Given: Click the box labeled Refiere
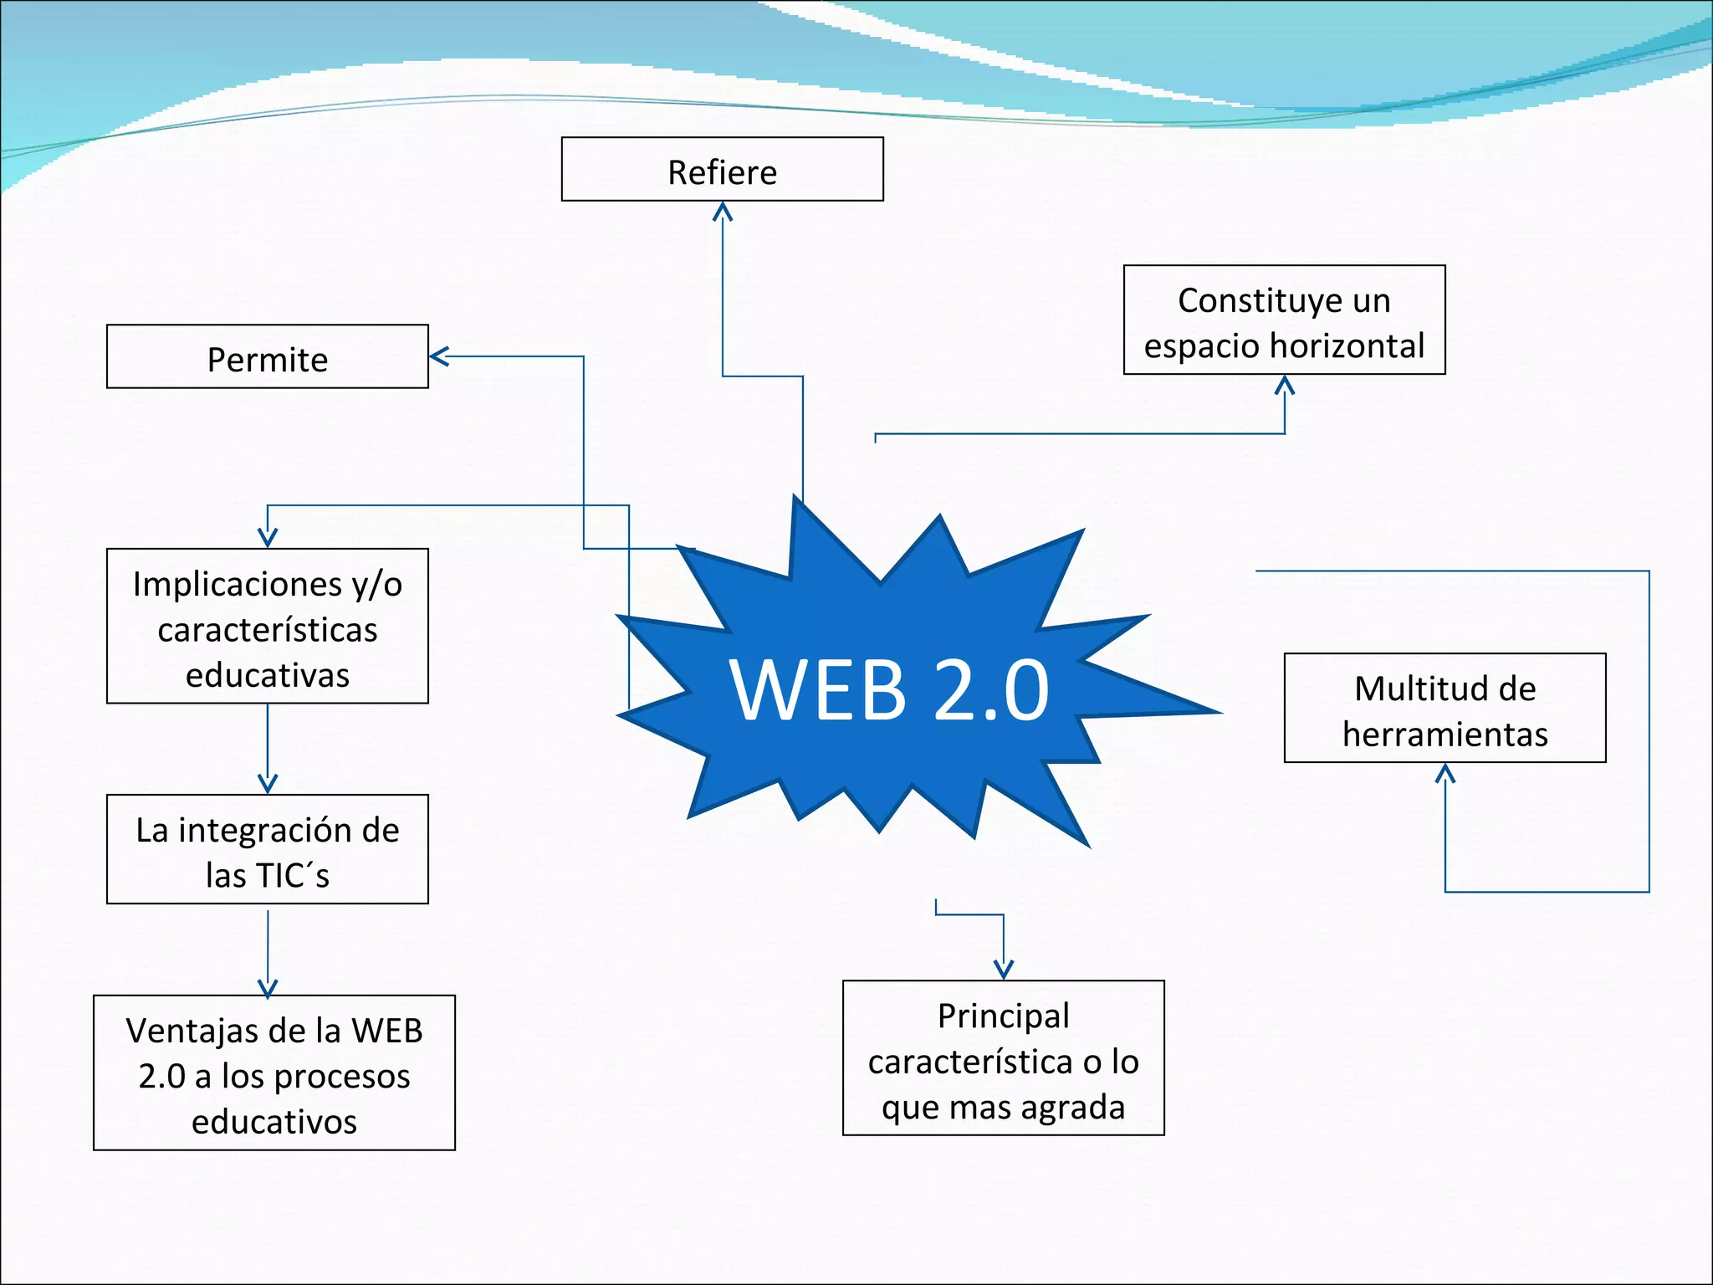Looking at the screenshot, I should point(722,170).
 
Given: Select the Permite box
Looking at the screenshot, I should point(267,357).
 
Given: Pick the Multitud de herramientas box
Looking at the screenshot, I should point(1445,708).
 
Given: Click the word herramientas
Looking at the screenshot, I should point(1445,735).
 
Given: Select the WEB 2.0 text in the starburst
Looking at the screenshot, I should point(888,689).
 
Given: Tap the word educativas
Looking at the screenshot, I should point(267,675).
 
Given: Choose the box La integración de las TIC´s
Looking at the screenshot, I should point(267,849).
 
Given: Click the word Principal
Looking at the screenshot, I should point(1003,1016).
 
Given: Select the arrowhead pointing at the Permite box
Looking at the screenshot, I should point(439,357).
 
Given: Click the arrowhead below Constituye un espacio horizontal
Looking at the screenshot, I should point(1285,385).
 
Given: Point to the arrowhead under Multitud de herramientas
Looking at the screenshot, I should point(1445,773).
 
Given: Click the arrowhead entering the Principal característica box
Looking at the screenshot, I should point(1003,969).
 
